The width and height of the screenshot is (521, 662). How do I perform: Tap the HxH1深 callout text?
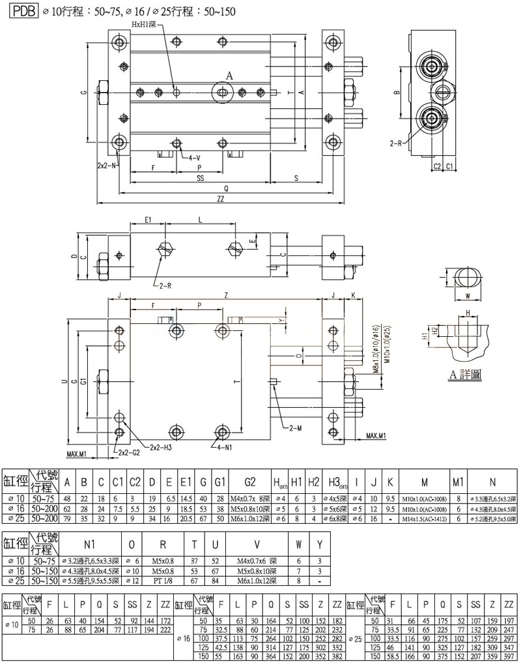tap(145, 24)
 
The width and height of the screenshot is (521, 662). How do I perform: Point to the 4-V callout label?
tap(194, 158)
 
